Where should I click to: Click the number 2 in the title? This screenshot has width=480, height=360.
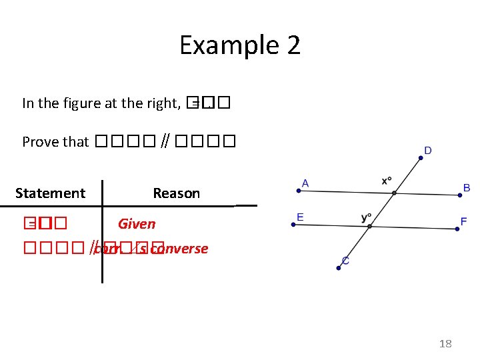coord(293,45)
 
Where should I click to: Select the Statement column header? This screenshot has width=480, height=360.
coord(50,193)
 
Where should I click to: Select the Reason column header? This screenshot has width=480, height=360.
coord(176,193)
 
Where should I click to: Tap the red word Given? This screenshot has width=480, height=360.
coord(137,224)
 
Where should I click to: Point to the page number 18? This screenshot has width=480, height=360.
coord(445,343)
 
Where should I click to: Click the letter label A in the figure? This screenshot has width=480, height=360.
coord(305,183)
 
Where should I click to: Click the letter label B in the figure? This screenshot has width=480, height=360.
coord(467,188)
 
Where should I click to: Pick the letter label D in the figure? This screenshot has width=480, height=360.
coord(428,151)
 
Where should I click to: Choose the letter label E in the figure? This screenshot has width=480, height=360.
coord(301,217)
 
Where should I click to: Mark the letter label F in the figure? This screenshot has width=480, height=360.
coord(463,221)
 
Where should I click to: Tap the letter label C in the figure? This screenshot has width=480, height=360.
coord(345,261)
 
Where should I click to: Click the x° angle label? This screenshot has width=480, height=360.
coord(387,181)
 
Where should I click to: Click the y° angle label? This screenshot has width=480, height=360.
coord(366,218)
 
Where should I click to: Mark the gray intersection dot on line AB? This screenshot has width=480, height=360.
coord(395,193)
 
